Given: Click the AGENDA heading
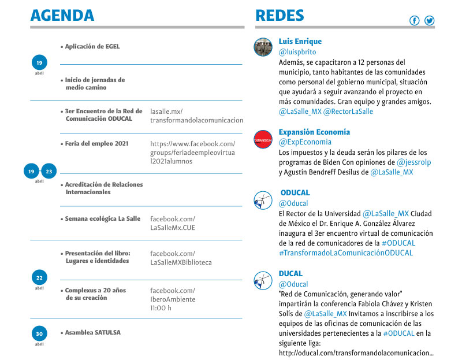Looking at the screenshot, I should (x=62, y=15).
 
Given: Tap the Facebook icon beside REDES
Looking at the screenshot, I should (x=414, y=21).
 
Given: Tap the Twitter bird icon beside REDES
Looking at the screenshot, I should (x=429, y=21).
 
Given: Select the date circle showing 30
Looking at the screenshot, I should (x=39, y=333).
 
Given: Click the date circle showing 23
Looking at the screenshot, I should (x=49, y=171).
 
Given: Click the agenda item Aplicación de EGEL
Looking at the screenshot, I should (x=92, y=46).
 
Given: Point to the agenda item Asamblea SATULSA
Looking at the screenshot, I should (x=93, y=332).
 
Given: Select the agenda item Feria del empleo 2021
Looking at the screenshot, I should (x=96, y=143).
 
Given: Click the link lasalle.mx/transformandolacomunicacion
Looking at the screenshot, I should (x=196, y=116).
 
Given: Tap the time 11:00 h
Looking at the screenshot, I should (x=161, y=308).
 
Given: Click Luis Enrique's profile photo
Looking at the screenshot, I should (x=263, y=47).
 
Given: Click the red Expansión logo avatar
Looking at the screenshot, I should (x=263, y=139).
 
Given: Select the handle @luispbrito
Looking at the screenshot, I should (x=297, y=52).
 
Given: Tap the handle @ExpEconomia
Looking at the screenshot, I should (x=305, y=142).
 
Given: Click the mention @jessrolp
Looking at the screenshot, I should (x=413, y=162).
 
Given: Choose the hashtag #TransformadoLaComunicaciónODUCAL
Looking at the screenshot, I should (x=345, y=253).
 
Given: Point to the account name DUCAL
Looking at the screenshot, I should (x=290, y=273).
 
